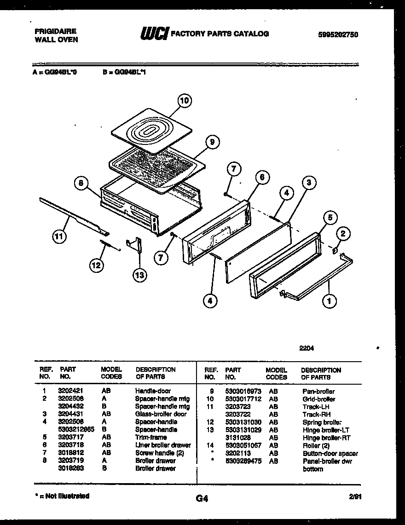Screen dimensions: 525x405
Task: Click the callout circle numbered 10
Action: click(185, 101)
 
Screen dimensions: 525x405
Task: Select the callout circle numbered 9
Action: click(212, 142)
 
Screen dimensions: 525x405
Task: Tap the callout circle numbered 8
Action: click(81, 184)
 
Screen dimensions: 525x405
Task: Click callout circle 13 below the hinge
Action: click(139, 275)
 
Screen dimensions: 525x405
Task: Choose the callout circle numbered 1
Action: click(330, 302)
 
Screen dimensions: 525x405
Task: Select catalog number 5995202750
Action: click(338, 35)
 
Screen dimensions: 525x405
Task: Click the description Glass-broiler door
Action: click(161, 414)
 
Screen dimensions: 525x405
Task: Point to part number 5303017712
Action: click(243, 399)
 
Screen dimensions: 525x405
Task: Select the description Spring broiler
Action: click(322, 422)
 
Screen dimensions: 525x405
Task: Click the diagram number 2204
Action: click(307, 348)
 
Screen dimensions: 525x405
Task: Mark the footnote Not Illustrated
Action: click(62, 496)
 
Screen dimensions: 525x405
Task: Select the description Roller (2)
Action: click(316, 445)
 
